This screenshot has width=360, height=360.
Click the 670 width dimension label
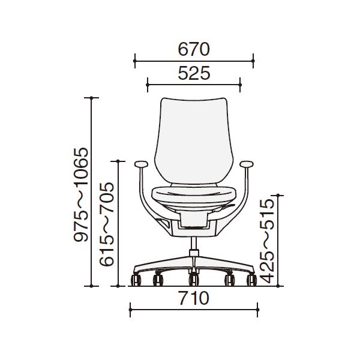pyautogui.click(x=194, y=49)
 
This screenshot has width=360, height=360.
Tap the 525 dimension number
pyautogui.click(x=194, y=73)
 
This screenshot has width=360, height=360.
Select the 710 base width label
pyautogui.click(x=194, y=298)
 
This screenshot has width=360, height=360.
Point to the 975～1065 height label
pyautogui.click(x=81, y=194)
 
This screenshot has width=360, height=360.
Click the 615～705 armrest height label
pyautogui.click(x=107, y=224)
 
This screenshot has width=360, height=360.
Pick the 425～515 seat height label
pyautogui.click(x=267, y=241)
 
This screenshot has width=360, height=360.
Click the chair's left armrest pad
pyautogui.click(x=141, y=164)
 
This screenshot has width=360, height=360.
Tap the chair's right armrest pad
pyautogui.click(x=247, y=164)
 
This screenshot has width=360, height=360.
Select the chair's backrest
pyautogui.click(x=194, y=140)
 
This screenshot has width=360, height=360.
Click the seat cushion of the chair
pyautogui.click(x=194, y=194)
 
